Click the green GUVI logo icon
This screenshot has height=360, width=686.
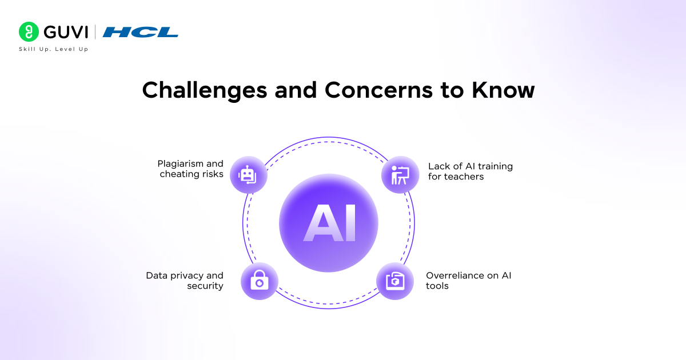pos(28,31)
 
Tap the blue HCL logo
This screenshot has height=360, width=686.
pos(140,32)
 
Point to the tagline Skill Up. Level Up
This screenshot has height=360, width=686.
pos(53,49)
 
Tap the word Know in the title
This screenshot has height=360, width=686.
pos(502,90)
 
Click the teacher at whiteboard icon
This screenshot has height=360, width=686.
pos(400,174)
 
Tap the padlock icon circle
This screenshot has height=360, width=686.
pos(259,281)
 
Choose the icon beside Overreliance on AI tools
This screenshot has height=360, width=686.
pos(395,281)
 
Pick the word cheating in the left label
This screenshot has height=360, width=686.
pos(178,174)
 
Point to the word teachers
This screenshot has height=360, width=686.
pos(464,177)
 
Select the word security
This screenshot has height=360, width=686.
pos(205,286)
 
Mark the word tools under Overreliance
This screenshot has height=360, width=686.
pos(437,286)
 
